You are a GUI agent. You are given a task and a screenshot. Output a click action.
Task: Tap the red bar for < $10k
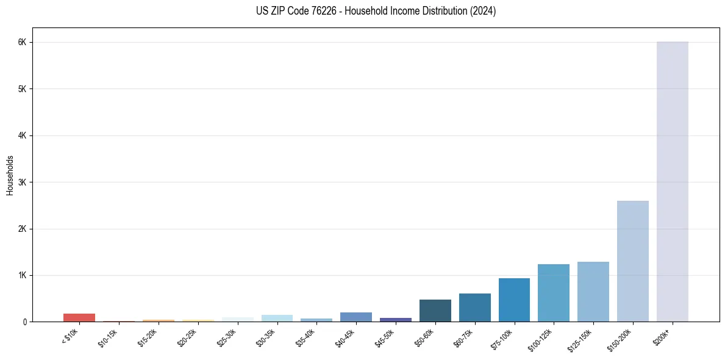pos(79,317)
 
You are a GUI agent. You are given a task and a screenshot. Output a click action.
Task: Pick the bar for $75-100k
pos(514,300)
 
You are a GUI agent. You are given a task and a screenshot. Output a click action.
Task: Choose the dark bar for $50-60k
pos(435,310)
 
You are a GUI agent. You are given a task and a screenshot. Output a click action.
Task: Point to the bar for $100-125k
pos(554,293)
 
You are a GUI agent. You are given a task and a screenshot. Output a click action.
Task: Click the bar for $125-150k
pos(593,292)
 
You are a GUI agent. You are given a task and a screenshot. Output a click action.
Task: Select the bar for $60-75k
pos(474,308)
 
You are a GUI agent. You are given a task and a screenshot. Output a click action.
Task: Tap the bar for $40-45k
pos(356,317)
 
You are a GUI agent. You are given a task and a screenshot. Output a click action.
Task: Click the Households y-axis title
pos(10,175)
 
